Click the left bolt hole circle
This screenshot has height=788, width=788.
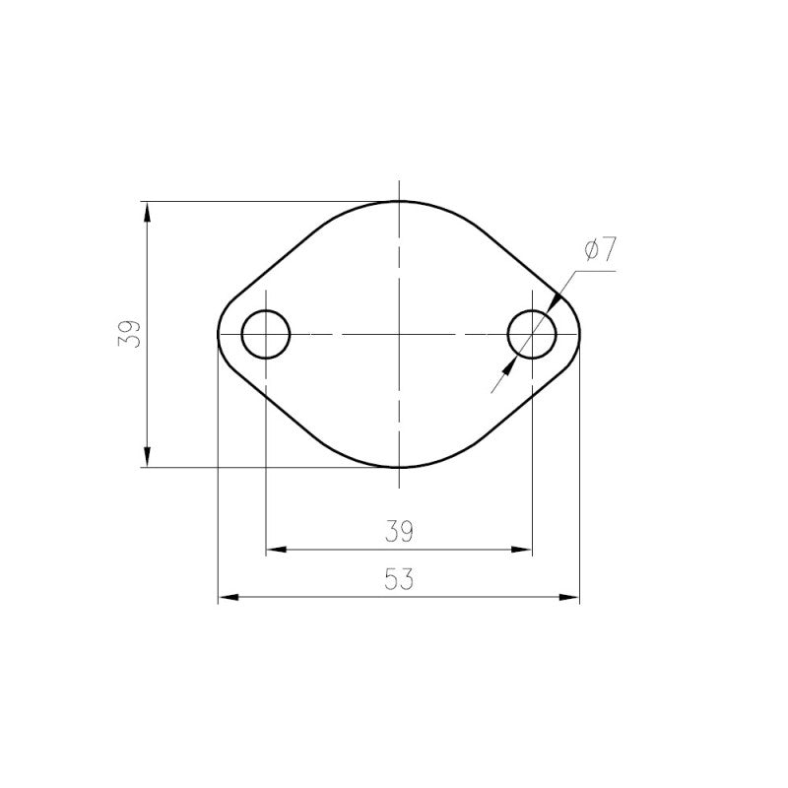click(266, 334)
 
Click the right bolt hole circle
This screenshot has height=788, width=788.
click(532, 334)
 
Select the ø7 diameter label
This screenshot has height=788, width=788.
click(599, 249)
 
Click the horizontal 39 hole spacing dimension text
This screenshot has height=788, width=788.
click(398, 532)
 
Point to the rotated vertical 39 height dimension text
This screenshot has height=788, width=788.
click(130, 334)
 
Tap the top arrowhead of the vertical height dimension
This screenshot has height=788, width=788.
click(147, 211)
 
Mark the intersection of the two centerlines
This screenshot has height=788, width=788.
click(398, 334)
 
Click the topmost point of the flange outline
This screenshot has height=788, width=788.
click(398, 201)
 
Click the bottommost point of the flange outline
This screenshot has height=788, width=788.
click(398, 468)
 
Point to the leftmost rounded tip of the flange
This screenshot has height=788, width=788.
click(218, 334)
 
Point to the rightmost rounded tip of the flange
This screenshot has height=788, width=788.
click(579, 334)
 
